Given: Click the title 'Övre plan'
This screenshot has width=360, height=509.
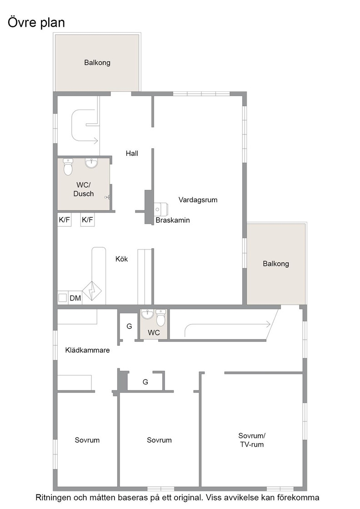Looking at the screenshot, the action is [x=36, y=22].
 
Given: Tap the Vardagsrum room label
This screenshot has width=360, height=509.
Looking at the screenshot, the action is [x=198, y=200].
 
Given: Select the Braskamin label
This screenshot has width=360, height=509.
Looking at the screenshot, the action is [x=173, y=220].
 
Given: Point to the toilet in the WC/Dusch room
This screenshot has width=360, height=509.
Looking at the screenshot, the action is [x=68, y=167].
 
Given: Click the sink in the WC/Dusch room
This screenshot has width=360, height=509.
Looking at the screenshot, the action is [x=91, y=163].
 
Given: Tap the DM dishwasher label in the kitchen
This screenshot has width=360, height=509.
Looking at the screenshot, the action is [x=75, y=298].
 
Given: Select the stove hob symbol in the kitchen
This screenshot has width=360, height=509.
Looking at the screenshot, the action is [x=92, y=291].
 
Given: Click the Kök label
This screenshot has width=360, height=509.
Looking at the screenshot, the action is [x=122, y=259].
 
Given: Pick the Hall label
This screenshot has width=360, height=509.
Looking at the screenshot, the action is [x=132, y=154].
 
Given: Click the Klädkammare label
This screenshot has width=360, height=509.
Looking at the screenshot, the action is [x=88, y=350].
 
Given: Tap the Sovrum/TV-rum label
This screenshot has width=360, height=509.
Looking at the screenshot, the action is [x=252, y=440].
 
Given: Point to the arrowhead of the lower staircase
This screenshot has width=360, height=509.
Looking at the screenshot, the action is [x=268, y=324].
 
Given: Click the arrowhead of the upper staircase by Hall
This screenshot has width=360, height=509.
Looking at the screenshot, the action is [x=96, y=141].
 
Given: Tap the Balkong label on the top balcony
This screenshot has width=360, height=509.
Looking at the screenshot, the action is [x=97, y=62].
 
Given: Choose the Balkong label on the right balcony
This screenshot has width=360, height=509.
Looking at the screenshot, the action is [x=276, y=264].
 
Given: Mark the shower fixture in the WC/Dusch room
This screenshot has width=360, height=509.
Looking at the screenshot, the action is [x=107, y=197].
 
